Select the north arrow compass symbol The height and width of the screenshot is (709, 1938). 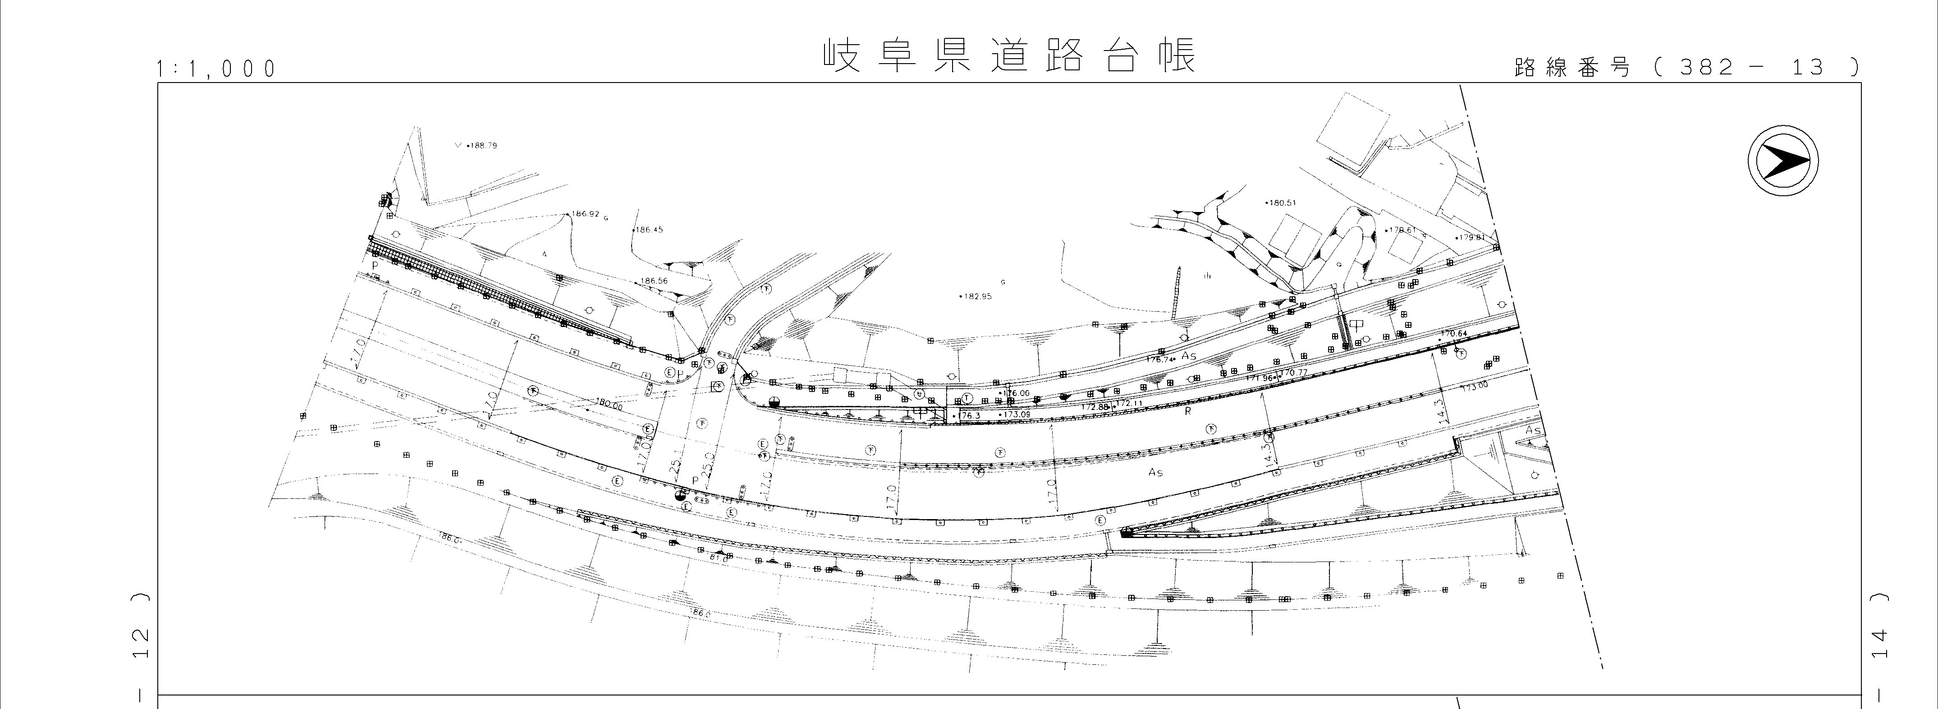click(x=1782, y=162)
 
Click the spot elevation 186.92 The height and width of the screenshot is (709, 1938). click(x=585, y=214)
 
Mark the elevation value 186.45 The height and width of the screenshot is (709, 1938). click(x=649, y=230)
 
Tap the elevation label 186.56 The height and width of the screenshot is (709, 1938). click(x=654, y=281)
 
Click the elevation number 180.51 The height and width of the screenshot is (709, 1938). click(x=1283, y=203)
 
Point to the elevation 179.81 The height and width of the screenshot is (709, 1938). click(x=1471, y=237)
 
